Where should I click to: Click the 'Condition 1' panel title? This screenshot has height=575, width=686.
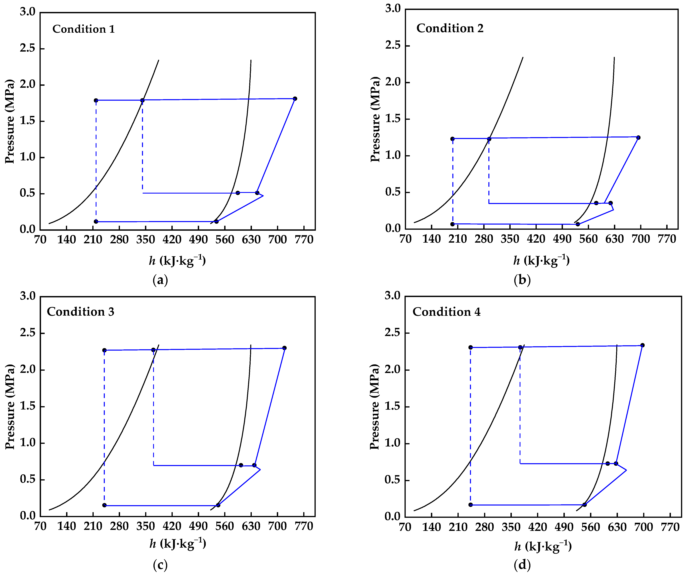[84, 29]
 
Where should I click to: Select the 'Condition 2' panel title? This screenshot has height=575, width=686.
[450, 28]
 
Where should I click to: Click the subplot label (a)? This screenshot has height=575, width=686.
[160, 280]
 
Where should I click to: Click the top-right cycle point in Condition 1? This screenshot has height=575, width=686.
[295, 99]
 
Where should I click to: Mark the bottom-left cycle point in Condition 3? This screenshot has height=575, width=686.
[104, 505]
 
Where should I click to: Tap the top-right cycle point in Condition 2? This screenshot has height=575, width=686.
[638, 137]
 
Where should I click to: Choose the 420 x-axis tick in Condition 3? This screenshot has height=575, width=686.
[172, 526]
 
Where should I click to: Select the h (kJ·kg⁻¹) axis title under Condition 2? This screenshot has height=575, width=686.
[541, 260]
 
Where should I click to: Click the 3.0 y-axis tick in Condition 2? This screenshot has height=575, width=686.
[393, 9]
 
